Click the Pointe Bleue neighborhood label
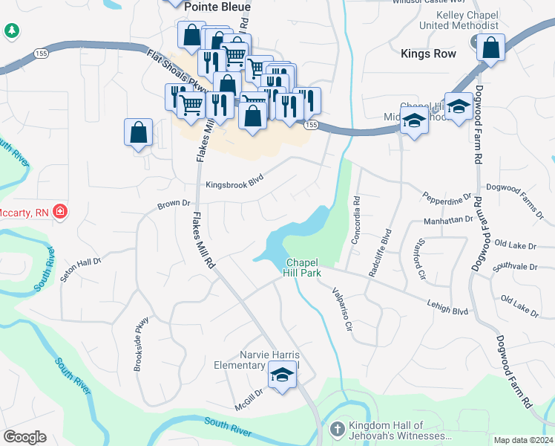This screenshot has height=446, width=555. [x=217, y=6]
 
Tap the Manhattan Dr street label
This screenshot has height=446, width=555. [x=448, y=220]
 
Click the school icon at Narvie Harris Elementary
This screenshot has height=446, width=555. [x=282, y=376]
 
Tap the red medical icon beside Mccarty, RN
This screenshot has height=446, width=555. [x=60, y=213]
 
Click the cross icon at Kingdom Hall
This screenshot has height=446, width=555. [x=337, y=429]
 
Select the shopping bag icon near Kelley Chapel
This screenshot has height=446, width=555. [x=491, y=48]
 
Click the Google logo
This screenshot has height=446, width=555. [x=25, y=437]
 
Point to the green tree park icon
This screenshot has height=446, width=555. [x=12, y=30]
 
